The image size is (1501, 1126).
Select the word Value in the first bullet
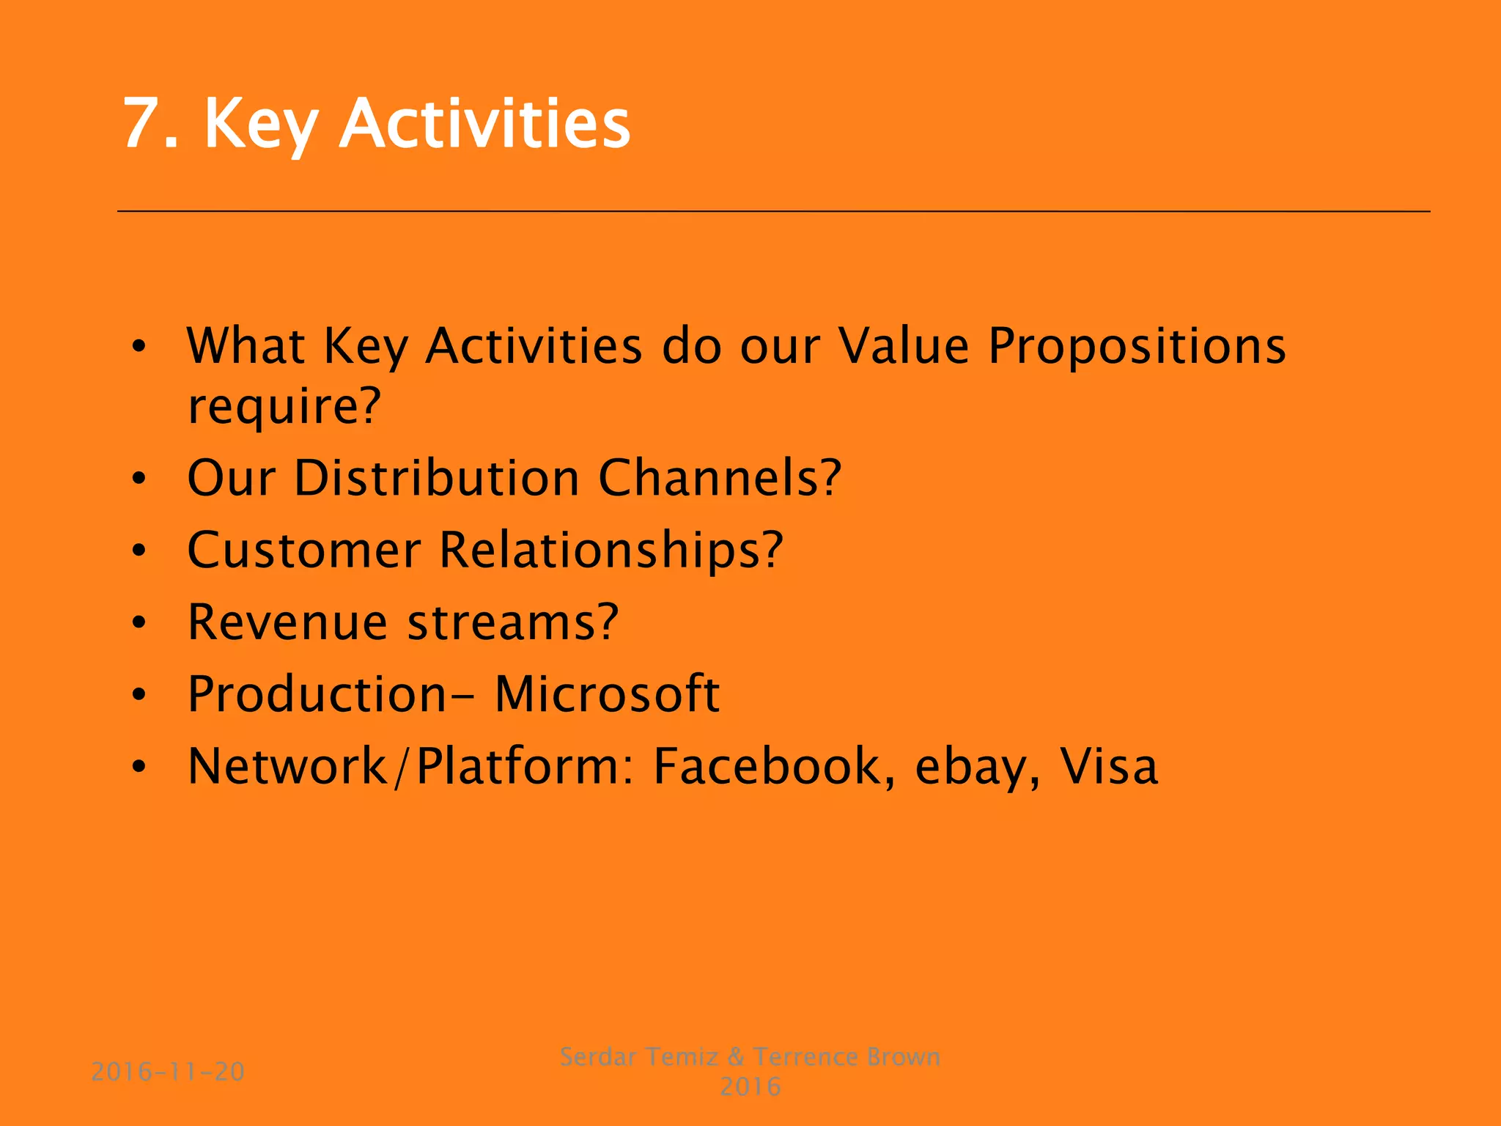(x=904, y=345)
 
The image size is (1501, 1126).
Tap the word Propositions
(x=1137, y=345)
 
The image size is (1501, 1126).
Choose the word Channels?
(x=720, y=478)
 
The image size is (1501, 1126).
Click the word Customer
(x=304, y=550)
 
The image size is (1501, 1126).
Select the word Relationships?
(x=611, y=550)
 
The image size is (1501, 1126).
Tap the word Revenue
(x=287, y=622)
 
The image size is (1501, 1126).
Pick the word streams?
(x=513, y=622)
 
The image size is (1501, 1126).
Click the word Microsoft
(x=607, y=693)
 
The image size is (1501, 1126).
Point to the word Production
(x=317, y=693)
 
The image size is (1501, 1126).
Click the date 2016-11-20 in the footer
(x=168, y=1072)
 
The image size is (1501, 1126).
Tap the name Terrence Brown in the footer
(x=847, y=1056)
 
